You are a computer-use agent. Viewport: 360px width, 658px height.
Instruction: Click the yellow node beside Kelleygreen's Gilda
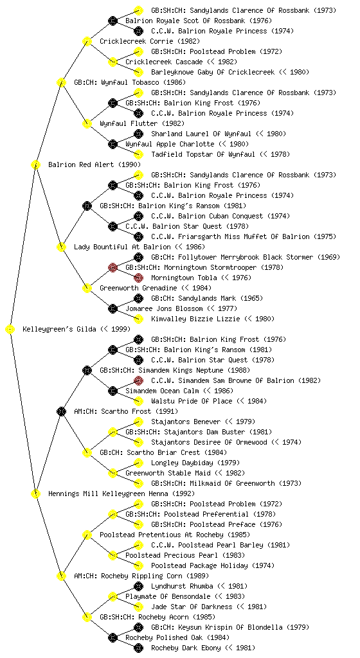10,330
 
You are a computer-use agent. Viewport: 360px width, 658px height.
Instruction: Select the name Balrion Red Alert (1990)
94,164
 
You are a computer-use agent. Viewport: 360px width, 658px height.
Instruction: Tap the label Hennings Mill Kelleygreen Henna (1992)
122,493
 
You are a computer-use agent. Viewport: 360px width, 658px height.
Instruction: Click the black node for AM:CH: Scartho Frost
61,411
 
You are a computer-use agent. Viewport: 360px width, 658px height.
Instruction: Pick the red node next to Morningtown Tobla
138,278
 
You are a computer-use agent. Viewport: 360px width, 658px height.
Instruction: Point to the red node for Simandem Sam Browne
138,380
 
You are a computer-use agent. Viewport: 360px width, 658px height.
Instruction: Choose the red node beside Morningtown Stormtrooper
113,267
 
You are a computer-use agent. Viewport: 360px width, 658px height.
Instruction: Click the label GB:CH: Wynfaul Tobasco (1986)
130,82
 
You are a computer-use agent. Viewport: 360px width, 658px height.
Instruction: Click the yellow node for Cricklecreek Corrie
87,41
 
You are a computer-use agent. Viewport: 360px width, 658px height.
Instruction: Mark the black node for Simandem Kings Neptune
87,370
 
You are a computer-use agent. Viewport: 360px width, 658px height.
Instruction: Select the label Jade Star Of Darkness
192,607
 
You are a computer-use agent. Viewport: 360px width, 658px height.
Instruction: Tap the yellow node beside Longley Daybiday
138,463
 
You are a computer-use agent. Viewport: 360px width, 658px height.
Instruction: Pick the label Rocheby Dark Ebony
186,648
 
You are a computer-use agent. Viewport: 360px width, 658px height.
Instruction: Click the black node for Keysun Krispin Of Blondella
138,627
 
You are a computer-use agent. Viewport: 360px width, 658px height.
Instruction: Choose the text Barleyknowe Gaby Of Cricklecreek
213,72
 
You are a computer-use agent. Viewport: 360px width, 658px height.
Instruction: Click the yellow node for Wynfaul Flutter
87,123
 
